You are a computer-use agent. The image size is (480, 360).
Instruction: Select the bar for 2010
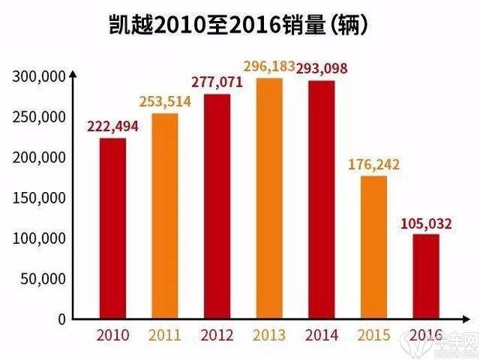[113, 228]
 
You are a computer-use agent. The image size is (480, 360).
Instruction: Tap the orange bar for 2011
[164, 216]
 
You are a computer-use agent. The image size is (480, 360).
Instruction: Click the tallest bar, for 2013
[268, 199]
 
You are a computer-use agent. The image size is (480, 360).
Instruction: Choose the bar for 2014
[321, 200]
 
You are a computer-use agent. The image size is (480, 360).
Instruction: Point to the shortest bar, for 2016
[425, 276]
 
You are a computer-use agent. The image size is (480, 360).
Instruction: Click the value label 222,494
[113, 127]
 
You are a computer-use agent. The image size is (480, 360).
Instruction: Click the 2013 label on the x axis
[268, 335]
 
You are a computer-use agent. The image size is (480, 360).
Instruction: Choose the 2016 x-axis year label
[426, 335]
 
